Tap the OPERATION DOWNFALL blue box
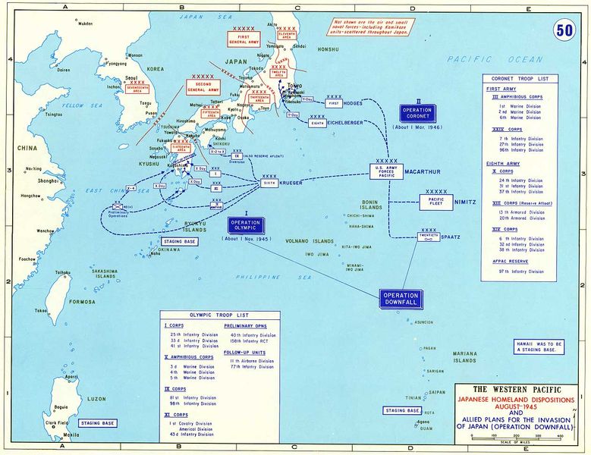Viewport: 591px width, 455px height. pyautogui.click(x=401, y=299)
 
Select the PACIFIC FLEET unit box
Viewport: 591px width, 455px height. pyautogui.click(x=435, y=202)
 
